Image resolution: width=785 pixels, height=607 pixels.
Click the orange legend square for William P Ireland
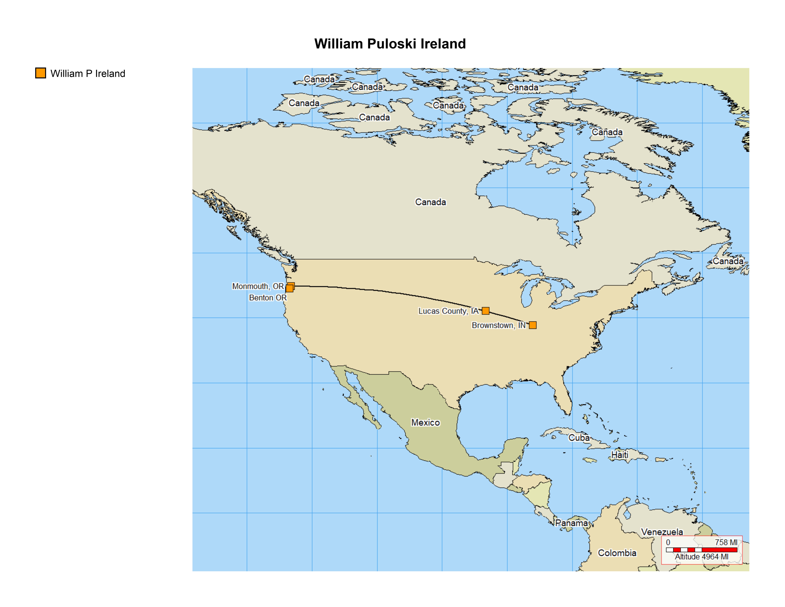(x=41, y=73)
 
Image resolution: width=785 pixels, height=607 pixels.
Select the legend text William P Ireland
(x=88, y=74)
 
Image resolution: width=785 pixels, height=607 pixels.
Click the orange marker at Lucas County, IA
(x=486, y=311)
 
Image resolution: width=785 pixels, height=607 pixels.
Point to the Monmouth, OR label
(x=258, y=286)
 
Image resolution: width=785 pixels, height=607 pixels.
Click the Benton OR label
(x=268, y=298)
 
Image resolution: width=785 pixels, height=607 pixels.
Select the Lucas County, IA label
(x=448, y=311)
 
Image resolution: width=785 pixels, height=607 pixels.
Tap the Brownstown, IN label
(x=499, y=325)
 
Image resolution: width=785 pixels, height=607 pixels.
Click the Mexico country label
(x=426, y=423)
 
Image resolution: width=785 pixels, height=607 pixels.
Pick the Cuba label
(x=579, y=438)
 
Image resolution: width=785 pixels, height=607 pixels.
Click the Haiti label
(x=620, y=455)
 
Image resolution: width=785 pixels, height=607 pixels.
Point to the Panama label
(x=571, y=523)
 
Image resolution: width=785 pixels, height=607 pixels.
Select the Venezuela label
(x=662, y=532)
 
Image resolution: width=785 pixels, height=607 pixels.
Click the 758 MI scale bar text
(x=726, y=542)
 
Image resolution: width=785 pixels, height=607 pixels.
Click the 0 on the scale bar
(x=668, y=542)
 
